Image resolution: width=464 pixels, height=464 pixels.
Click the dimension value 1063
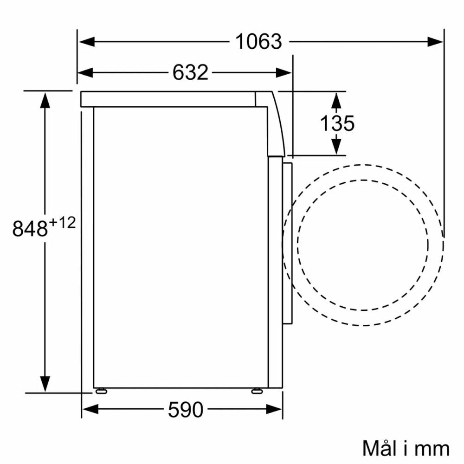[258, 42]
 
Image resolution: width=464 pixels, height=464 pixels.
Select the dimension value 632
[190, 72]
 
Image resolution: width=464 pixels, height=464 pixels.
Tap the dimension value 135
[337, 123]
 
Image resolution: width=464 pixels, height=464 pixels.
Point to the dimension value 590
[186, 409]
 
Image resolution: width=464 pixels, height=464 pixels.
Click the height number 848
[30, 228]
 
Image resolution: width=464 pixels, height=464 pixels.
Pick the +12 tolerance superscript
[62, 223]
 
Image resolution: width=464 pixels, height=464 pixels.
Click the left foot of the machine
[101, 391]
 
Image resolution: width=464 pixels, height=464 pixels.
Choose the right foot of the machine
[256, 391]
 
